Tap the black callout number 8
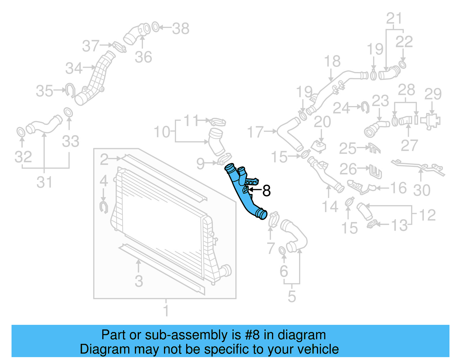tap(267, 191)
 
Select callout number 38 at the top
tap(181, 29)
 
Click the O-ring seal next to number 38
tap(155, 27)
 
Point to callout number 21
tap(394, 18)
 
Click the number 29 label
tap(433, 94)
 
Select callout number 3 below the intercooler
tap(139, 281)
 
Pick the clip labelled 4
tap(103, 207)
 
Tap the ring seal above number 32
tap(21, 132)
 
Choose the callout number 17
tap(255, 132)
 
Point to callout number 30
tap(422, 190)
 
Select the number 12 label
tap(427, 215)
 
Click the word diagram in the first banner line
tap(302, 335)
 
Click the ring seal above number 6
tap(283, 251)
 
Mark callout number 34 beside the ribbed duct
tap(74, 68)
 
